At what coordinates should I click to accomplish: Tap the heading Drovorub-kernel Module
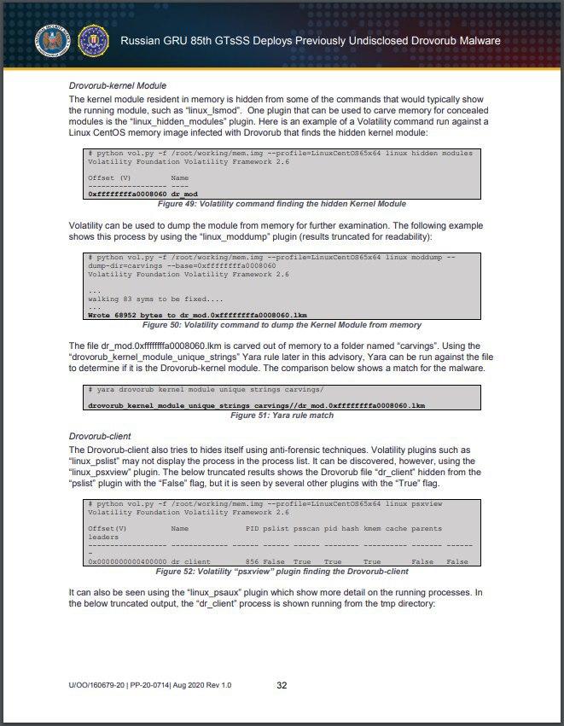tap(117, 86)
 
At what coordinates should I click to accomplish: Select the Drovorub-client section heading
tap(100, 435)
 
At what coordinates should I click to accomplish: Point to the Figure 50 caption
tap(282, 325)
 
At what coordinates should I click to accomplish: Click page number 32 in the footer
tap(282, 685)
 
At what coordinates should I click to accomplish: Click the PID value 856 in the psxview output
tap(252, 561)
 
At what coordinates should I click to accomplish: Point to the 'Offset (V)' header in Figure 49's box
tap(108, 177)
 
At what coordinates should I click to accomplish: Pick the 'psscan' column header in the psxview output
tap(302, 529)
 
